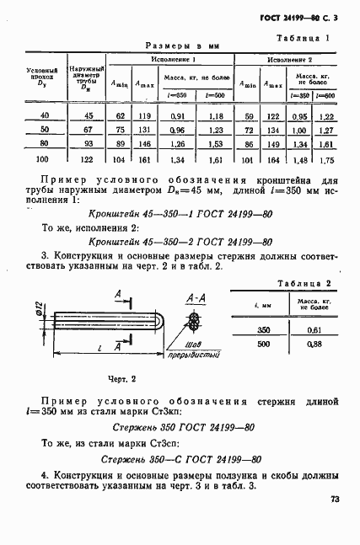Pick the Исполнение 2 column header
point(291,61)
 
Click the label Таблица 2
point(302,284)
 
